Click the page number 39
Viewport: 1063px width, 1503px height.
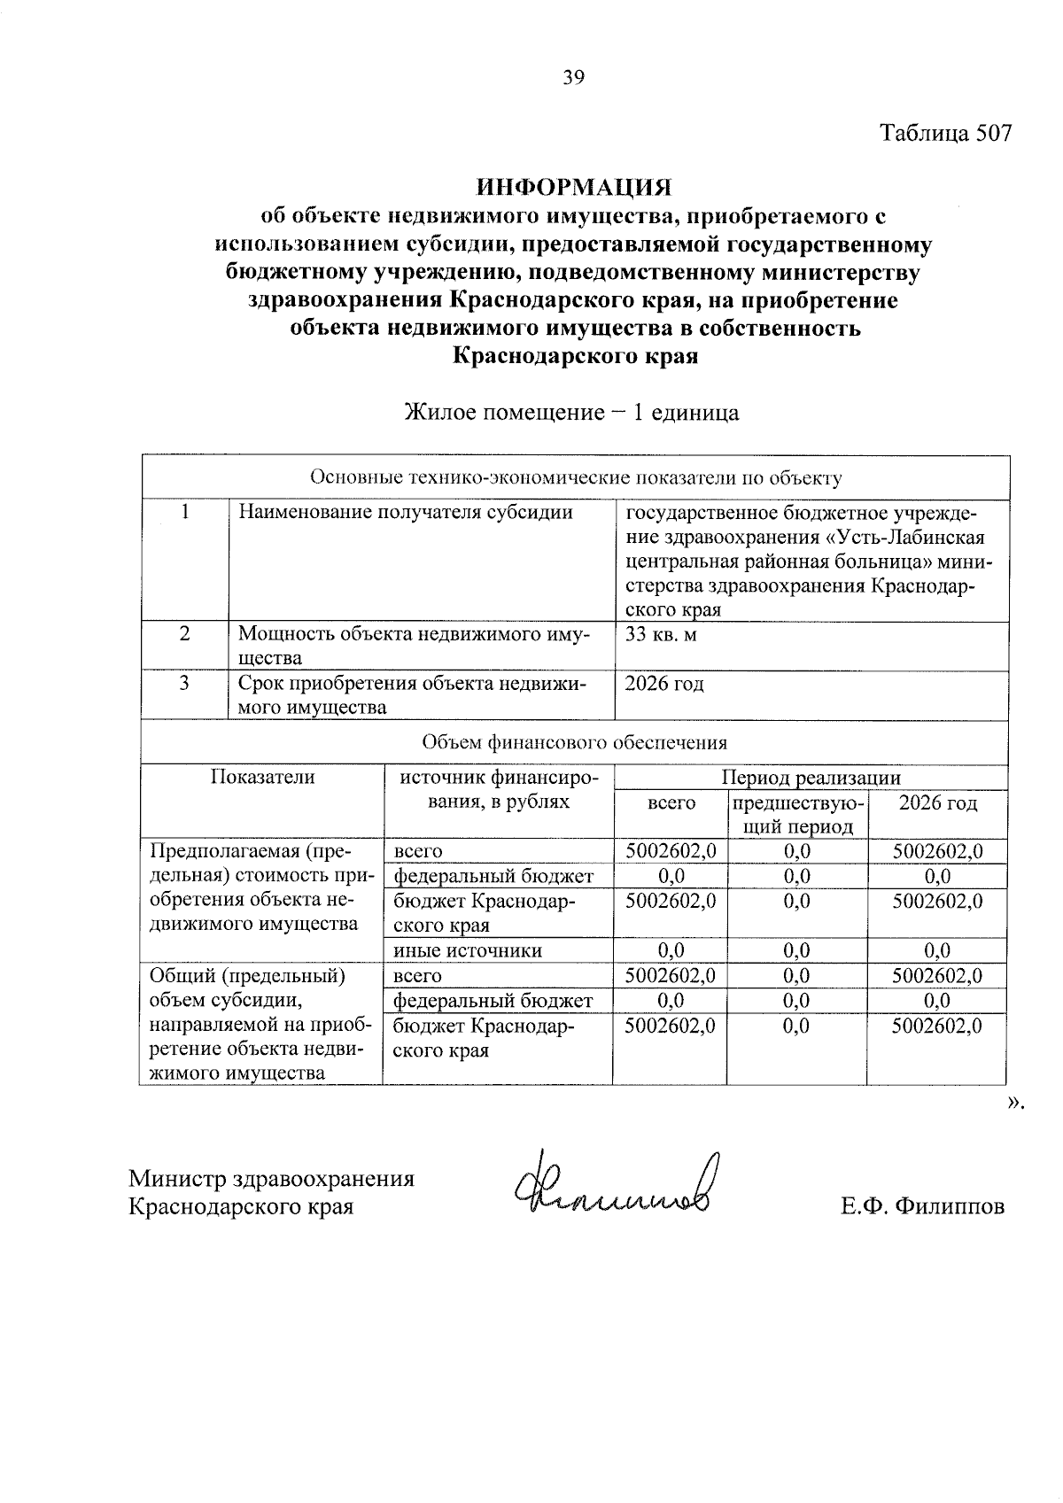(573, 78)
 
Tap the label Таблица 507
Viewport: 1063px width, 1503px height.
(944, 134)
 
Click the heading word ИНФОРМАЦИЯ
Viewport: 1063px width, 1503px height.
(574, 188)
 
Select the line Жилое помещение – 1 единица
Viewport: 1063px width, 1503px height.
(571, 413)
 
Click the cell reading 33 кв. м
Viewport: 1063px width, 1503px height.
(661, 634)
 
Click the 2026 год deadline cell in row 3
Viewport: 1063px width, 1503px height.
(664, 684)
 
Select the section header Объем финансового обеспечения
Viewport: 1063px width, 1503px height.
(574, 742)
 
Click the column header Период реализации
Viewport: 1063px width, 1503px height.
(810, 778)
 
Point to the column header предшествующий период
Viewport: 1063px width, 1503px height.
(796, 815)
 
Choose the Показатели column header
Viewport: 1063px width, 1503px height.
(262, 778)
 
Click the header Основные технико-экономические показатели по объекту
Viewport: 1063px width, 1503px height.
(575, 478)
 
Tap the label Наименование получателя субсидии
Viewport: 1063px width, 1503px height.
(406, 512)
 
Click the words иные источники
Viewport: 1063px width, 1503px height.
(468, 950)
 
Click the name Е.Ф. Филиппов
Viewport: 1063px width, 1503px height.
(923, 1206)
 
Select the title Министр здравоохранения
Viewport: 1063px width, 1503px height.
(272, 1179)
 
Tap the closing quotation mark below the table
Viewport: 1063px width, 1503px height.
(1014, 1102)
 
